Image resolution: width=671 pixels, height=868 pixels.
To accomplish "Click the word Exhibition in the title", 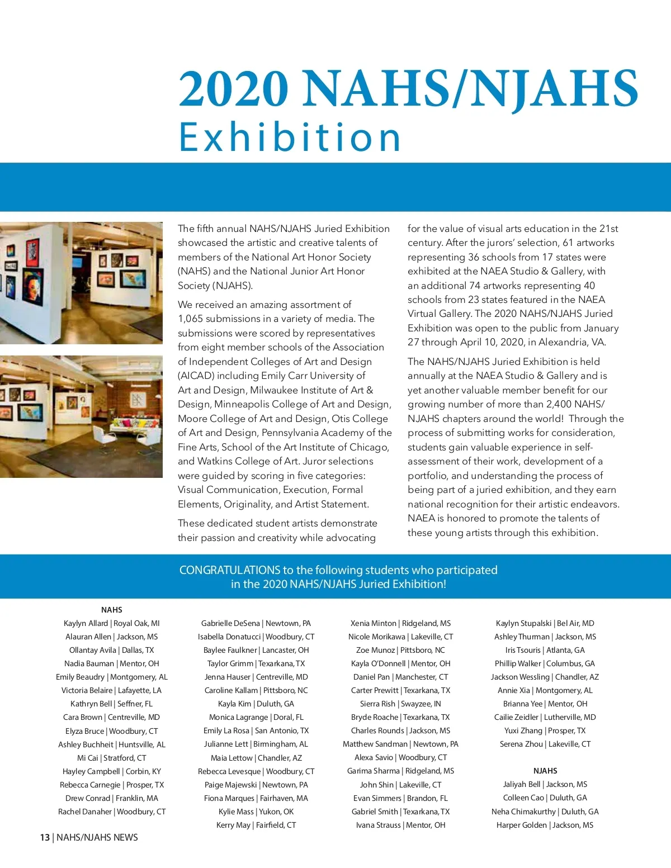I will [290, 137].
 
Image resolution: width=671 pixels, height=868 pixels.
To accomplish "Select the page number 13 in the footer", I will [45, 837].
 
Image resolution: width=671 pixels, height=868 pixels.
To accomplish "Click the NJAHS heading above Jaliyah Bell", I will [545, 771].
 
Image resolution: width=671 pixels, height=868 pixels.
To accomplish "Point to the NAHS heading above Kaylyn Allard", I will [112, 610].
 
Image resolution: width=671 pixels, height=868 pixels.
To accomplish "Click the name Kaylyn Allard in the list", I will [86, 623].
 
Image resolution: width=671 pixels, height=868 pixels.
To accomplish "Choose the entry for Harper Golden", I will [545, 825].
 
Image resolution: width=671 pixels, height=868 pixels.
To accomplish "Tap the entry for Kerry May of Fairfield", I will [256, 825].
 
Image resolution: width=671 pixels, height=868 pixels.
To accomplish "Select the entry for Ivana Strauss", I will [400, 825].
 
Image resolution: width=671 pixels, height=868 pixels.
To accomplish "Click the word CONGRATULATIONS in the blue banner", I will [229, 570].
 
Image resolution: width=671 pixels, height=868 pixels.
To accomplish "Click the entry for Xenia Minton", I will [400, 623].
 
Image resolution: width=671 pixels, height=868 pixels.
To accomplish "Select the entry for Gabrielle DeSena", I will [256, 623].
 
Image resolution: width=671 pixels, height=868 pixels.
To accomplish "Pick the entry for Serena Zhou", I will [545, 744].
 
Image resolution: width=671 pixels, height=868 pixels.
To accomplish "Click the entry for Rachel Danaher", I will [112, 812].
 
